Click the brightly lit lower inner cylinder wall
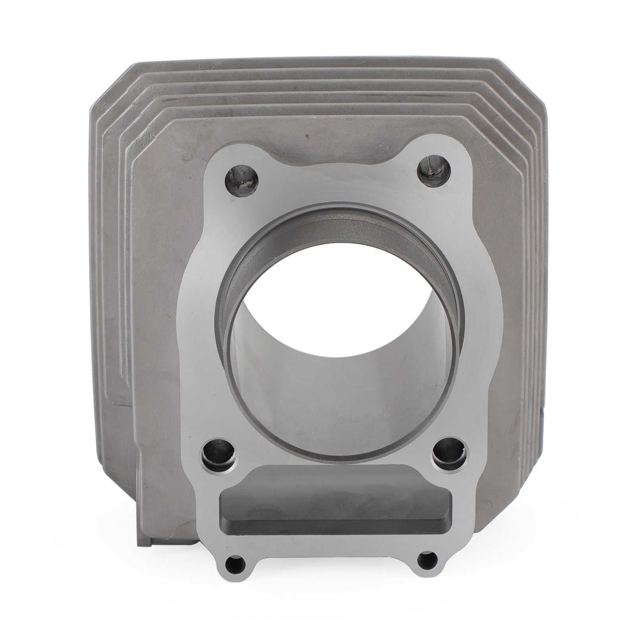coord(337,397)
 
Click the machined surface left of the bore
coord(198,317)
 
